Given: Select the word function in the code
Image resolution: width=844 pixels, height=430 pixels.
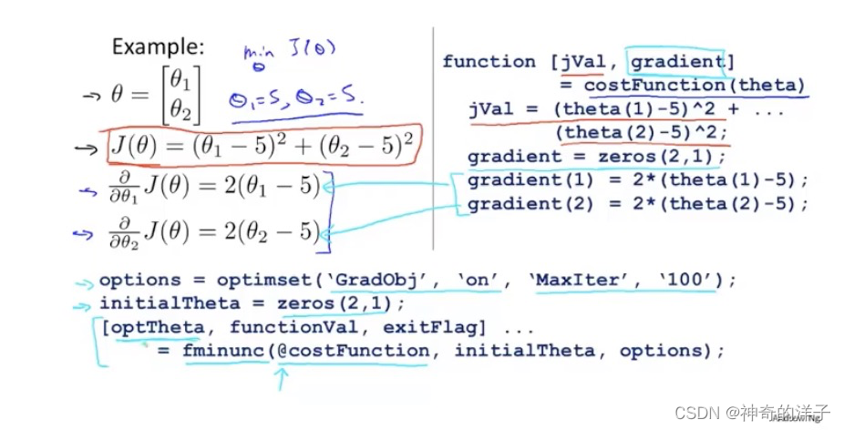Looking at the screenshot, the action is click(489, 62).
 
